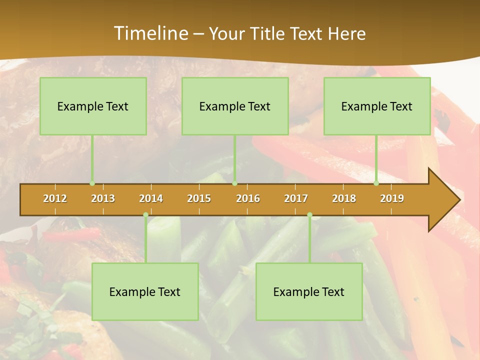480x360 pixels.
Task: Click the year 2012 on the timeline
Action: (55, 198)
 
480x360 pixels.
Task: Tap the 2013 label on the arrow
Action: (103, 198)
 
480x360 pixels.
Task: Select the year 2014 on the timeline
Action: (151, 198)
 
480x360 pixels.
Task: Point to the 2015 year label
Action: (199, 198)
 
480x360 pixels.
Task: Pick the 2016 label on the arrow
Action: (248, 198)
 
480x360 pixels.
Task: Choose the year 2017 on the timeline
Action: (296, 198)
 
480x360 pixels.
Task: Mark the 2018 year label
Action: (344, 198)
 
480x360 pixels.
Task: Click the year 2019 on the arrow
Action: (392, 198)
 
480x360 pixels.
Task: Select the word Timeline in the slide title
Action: (150, 33)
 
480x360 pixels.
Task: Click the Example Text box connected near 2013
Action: (93, 106)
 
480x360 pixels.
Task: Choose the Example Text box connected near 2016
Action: (235, 106)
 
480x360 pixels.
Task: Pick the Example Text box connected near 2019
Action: (377, 106)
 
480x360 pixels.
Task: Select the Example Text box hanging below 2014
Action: (145, 291)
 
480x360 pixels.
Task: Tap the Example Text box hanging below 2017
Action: (309, 291)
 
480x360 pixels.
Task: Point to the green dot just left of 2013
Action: (92, 183)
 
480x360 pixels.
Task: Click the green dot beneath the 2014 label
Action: (145, 215)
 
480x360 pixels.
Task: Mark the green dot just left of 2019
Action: (376, 183)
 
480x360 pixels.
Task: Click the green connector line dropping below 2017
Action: (309, 240)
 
